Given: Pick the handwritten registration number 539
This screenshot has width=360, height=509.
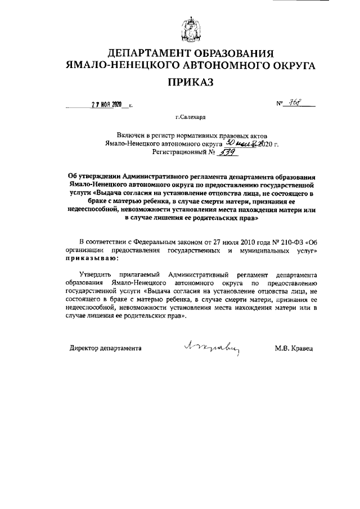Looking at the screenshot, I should click(x=211, y=151).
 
